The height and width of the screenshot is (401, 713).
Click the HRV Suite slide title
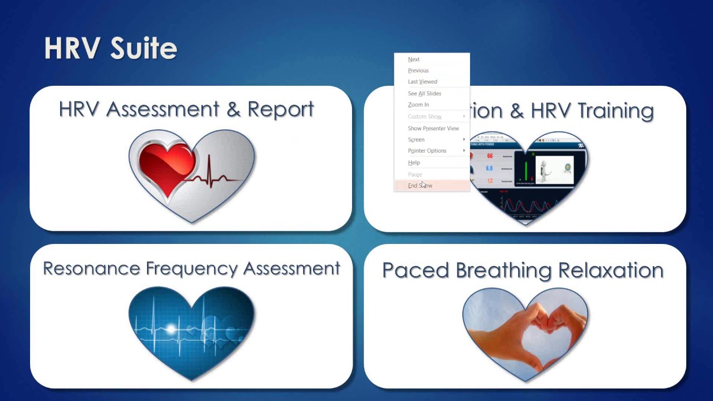point(110,48)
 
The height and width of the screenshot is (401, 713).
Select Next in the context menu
point(414,60)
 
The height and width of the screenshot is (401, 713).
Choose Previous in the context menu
point(418,71)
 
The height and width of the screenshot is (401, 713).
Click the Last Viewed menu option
point(423,82)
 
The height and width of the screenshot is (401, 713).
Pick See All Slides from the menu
point(424,94)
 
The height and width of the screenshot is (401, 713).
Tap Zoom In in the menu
point(418,105)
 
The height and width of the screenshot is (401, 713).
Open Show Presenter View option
point(433,128)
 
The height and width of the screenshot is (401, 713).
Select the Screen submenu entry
point(416,140)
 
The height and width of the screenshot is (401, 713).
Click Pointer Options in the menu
point(427,151)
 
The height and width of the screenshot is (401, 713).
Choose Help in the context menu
point(414,163)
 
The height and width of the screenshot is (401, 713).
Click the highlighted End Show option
point(420,185)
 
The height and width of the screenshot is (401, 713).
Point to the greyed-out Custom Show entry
point(424,116)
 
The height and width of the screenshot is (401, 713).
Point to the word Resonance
point(92,268)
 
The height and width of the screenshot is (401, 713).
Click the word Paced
point(416,271)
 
